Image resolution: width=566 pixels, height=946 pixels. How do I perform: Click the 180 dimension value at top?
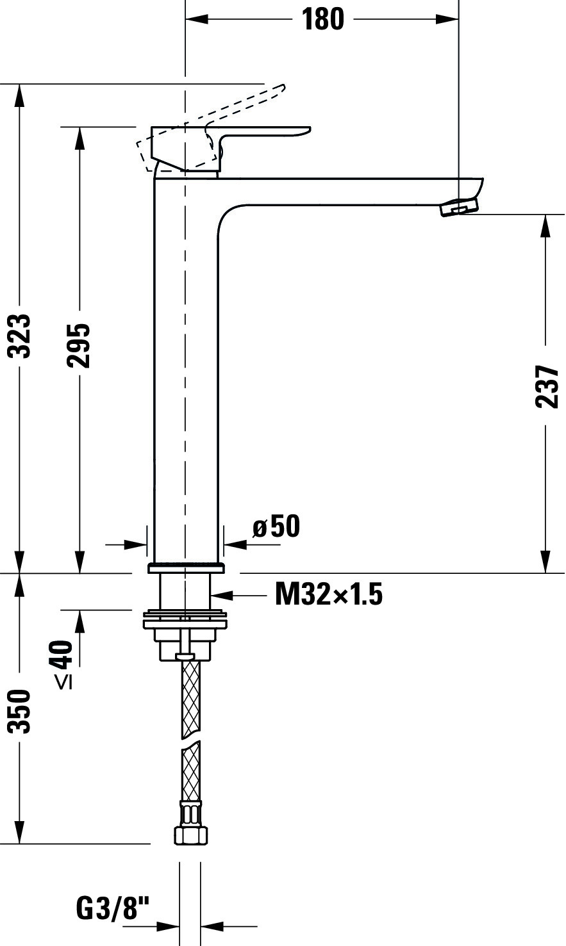[x=323, y=19]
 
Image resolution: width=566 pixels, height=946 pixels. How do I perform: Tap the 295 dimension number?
[x=78, y=345]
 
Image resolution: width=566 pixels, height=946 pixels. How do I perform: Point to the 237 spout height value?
[x=546, y=387]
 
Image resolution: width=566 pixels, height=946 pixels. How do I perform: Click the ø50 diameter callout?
[x=276, y=526]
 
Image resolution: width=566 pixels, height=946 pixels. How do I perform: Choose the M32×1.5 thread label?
[x=329, y=593]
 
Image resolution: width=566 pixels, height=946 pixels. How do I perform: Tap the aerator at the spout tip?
[x=460, y=208]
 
